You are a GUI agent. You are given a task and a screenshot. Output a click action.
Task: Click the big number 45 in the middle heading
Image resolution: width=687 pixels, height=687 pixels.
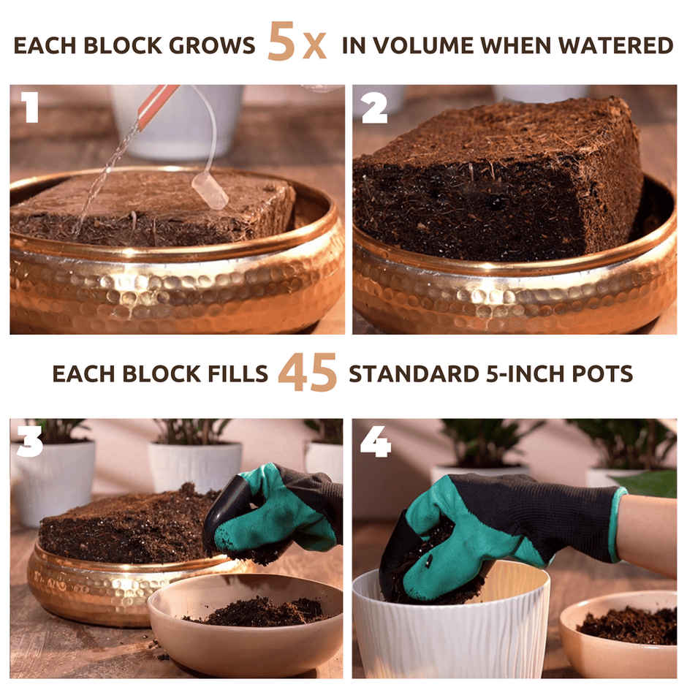pos(308,373)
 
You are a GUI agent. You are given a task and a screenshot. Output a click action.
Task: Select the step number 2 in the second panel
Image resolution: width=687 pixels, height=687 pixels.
pos(373,108)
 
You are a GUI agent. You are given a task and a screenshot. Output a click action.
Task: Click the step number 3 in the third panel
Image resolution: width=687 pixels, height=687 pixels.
pos(30,441)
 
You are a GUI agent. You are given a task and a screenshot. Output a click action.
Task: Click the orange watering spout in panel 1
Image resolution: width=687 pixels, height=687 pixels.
pos(156,106)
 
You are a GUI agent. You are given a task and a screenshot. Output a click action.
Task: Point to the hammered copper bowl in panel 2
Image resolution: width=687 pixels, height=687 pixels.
pos(512,292)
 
